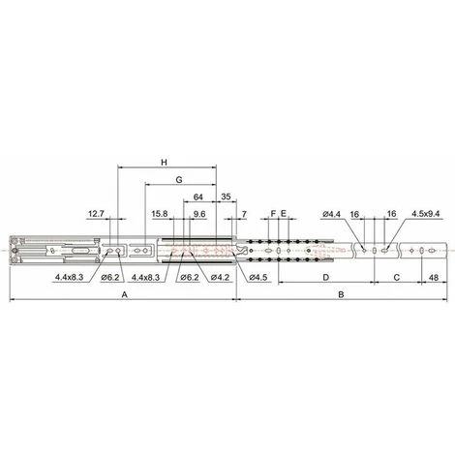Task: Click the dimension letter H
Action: [x=165, y=162]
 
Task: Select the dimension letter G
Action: [x=179, y=180]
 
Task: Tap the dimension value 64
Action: [x=197, y=197]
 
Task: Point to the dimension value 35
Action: [x=227, y=197]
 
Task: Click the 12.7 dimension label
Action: [x=96, y=214]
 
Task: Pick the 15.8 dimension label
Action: [x=160, y=214]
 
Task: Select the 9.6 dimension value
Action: [x=199, y=214]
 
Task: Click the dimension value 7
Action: [x=244, y=214]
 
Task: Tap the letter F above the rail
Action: [x=273, y=214]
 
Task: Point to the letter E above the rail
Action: [x=284, y=214]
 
